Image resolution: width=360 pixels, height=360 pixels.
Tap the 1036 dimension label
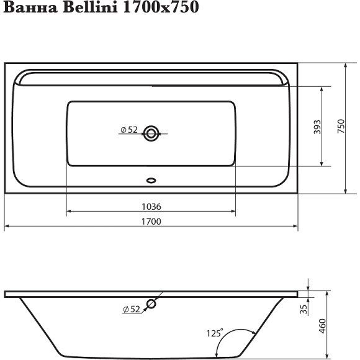click(x=151, y=206)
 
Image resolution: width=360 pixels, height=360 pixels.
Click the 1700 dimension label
click(x=151, y=222)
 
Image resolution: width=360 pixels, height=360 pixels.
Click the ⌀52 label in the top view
click(x=128, y=130)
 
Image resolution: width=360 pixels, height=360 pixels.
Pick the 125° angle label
click(x=214, y=333)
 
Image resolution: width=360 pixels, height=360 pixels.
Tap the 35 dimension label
click(x=304, y=308)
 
